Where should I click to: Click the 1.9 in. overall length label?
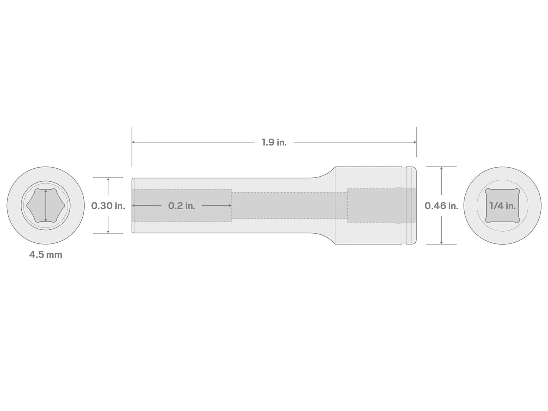click(274, 143)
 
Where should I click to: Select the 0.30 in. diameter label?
click(108, 206)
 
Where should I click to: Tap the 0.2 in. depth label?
click(182, 206)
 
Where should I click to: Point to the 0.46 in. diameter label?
click(441, 206)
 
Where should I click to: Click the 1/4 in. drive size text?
click(502, 206)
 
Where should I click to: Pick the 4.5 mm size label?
click(46, 255)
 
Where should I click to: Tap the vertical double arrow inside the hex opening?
click(46, 206)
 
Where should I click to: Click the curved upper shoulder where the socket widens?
click(324, 173)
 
